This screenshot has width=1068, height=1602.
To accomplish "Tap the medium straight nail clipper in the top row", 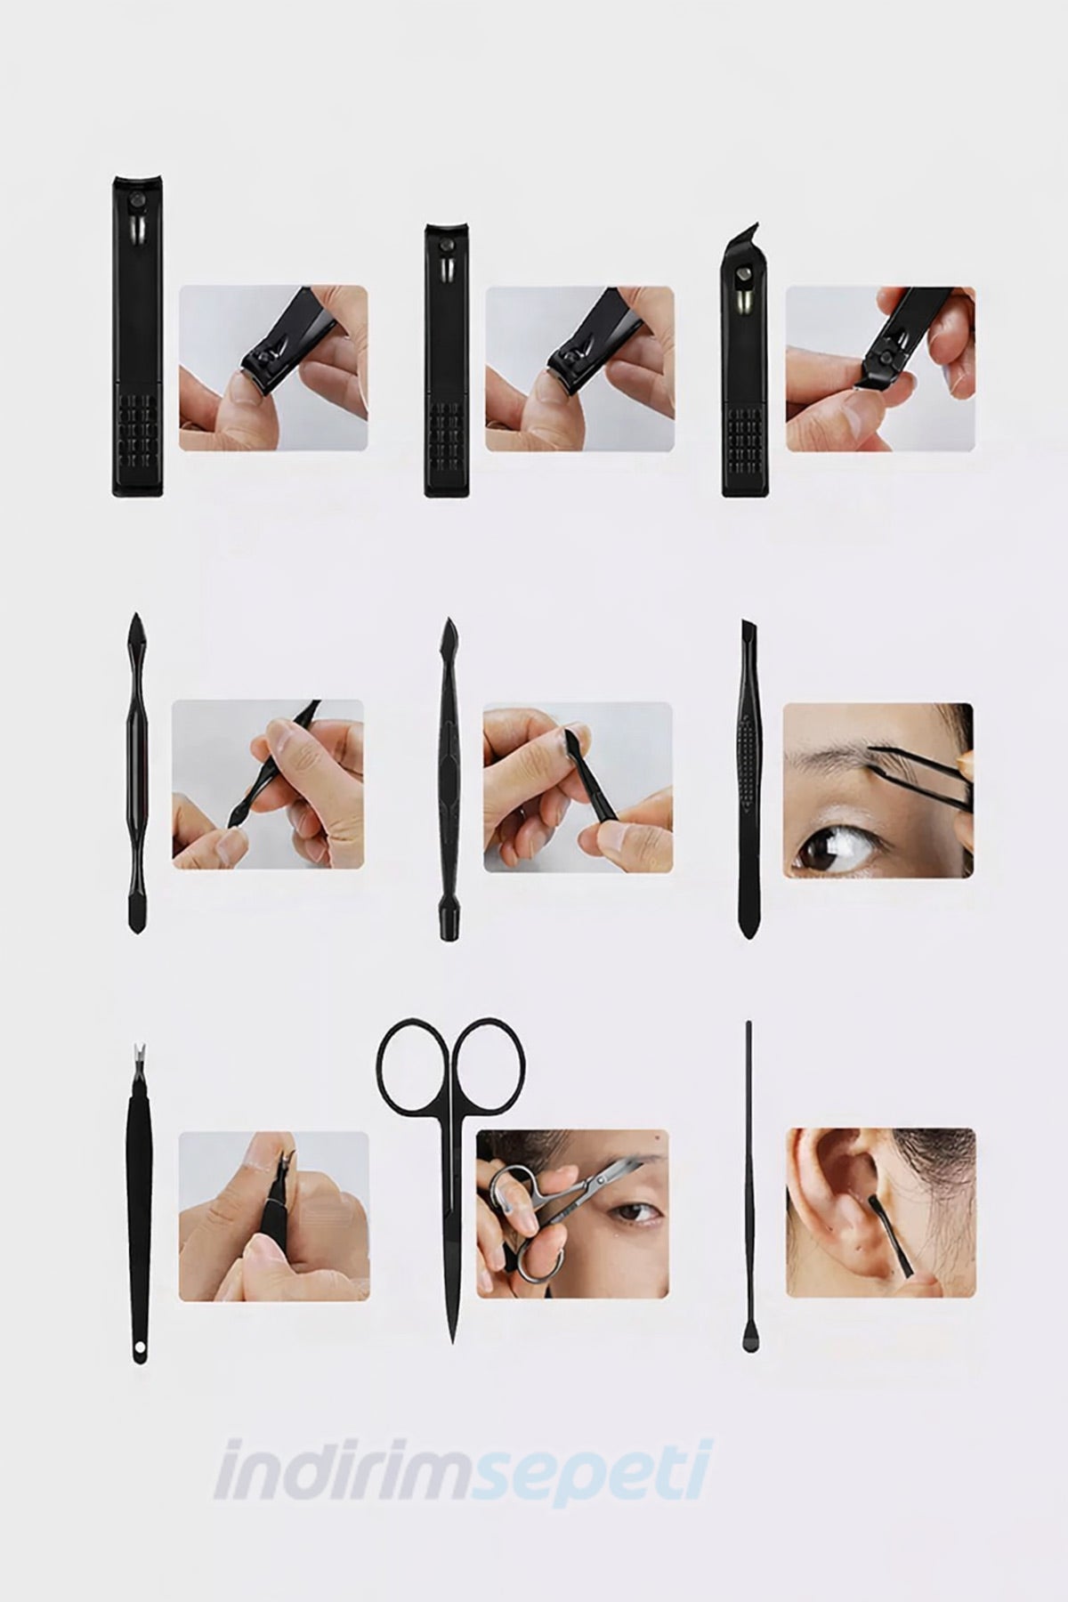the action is (x=448, y=360).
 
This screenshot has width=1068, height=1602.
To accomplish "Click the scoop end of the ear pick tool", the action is (x=748, y=1342).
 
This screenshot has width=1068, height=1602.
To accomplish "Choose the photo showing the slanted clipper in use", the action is (x=879, y=368).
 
